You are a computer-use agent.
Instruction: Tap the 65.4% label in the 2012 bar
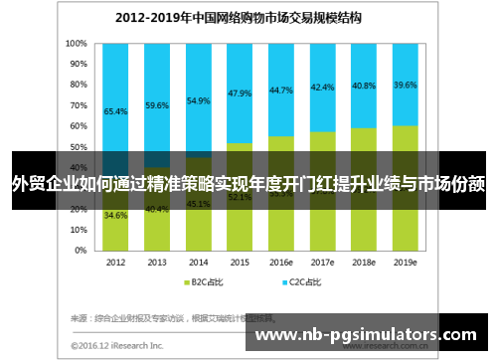tap(115, 112)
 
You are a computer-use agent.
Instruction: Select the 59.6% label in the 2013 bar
tap(157, 104)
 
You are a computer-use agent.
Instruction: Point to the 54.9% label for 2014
tap(199, 100)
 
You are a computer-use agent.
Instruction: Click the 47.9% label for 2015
tap(239, 93)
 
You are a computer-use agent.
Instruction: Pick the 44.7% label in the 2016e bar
tap(280, 90)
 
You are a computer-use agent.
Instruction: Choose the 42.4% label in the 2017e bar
tap(322, 88)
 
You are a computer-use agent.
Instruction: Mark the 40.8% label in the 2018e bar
tap(364, 86)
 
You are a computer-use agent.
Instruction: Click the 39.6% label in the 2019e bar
tap(405, 85)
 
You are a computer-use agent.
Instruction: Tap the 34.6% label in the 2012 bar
tap(115, 215)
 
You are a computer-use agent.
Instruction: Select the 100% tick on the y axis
tap(77, 44)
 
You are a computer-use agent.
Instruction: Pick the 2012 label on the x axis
tap(115, 263)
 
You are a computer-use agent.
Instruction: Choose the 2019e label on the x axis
tap(405, 263)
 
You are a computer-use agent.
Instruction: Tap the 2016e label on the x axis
tap(280, 263)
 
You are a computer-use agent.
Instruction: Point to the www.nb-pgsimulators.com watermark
tap(367, 335)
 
